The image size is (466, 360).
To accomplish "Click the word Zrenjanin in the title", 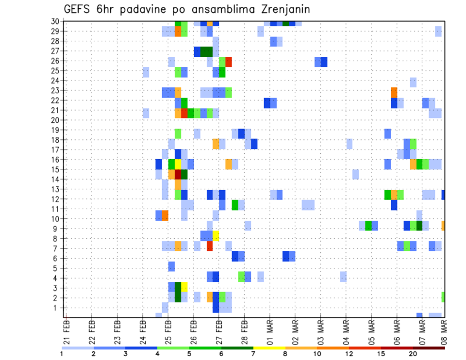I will pyautogui.click(x=282, y=9).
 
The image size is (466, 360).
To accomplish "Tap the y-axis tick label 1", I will pyautogui.click(x=57, y=308).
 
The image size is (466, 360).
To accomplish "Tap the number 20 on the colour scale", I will pyautogui.click(x=413, y=353).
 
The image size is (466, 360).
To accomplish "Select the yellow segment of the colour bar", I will pyautogui.click(x=269, y=348).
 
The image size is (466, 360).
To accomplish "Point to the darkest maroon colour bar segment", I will pyautogui.click(x=429, y=348).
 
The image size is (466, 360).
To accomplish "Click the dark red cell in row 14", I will pyautogui.click(x=178, y=174).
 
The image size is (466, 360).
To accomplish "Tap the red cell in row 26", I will pyautogui.click(x=229, y=62).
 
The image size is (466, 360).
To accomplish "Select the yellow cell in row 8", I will pyautogui.click(x=216, y=236).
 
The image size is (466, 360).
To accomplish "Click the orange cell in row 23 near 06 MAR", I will pyautogui.click(x=394, y=92).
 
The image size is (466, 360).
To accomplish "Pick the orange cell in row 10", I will pyautogui.click(x=165, y=215).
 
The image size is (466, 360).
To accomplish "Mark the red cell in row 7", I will pyautogui.click(x=210, y=246).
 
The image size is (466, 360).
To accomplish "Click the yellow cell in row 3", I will pyautogui.click(x=184, y=287).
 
